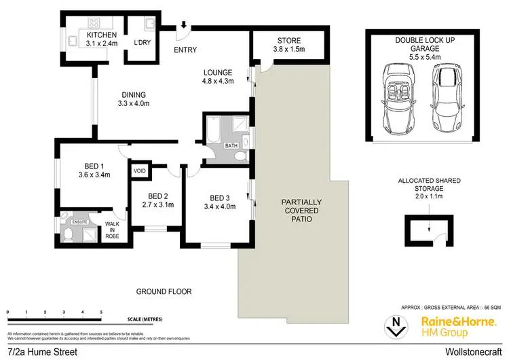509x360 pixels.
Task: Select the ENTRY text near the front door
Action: pos(185,50)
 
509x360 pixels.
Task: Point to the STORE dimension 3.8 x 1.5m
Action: pos(280,50)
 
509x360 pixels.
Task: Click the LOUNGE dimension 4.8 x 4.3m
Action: pos(216,82)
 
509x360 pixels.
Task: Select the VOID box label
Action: pos(140,170)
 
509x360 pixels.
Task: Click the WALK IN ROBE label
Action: pos(111,231)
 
